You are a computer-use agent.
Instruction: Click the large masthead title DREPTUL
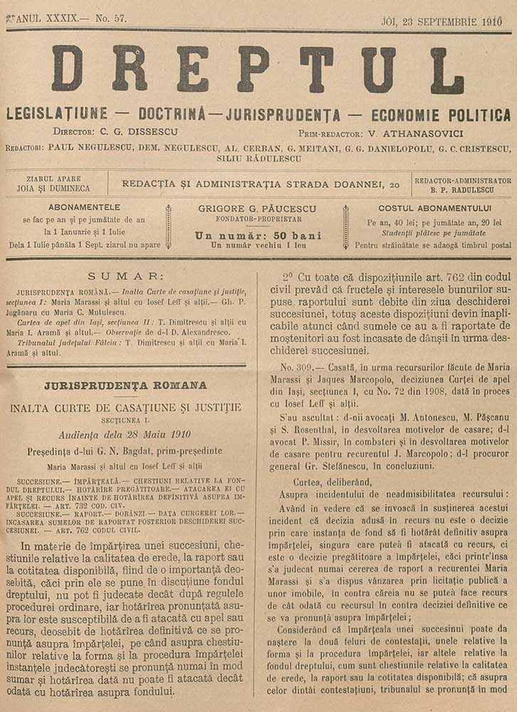pyautogui.click(x=258, y=70)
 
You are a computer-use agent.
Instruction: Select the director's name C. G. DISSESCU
pyautogui.click(x=135, y=132)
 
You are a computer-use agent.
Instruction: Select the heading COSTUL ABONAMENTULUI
pyautogui.click(x=435, y=208)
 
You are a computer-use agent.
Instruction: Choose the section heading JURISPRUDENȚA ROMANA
pyautogui.click(x=125, y=385)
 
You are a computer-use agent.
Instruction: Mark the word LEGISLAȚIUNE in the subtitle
pyautogui.click(x=57, y=115)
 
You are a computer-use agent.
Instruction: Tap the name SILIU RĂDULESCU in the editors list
pyautogui.click(x=258, y=159)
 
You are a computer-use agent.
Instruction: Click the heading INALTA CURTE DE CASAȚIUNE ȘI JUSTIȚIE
pyautogui.click(x=125, y=407)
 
